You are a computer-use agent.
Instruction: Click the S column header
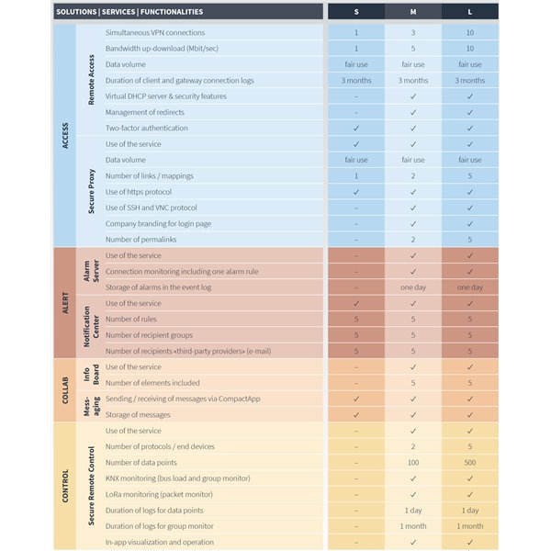[x=356, y=12]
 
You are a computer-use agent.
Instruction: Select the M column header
[x=413, y=12]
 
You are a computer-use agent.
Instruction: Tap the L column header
[x=470, y=12]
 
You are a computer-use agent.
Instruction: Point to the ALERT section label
[x=65, y=302]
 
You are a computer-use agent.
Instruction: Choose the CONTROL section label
[x=65, y=486]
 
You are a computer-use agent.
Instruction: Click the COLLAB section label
[x=65, y=390]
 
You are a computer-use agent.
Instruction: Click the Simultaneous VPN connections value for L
[x=470, y=32]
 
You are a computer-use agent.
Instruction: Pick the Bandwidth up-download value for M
[x=413, y=48]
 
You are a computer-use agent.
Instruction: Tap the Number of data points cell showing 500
[x=470, y=462]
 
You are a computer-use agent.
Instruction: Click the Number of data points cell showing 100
[x=413, y=462]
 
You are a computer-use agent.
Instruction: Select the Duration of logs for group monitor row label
[x=159, y=526]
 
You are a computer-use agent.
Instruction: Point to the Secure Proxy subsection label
[x=92, y=192]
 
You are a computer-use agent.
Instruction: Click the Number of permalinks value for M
[x=413, y=239]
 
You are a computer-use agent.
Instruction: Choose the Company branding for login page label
[x=158, y=223]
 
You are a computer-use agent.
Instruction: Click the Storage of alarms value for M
[x=413, y=287]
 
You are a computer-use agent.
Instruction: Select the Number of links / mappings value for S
[x=356, y=175]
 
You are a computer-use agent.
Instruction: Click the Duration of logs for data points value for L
[x=470, y=510]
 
